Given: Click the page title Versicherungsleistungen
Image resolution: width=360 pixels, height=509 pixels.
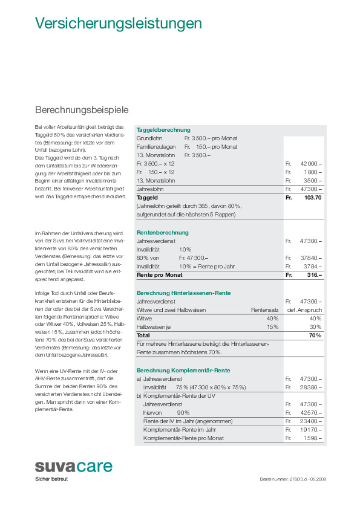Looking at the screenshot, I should click(118, 24).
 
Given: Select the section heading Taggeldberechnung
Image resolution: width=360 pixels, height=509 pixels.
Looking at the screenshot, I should click(163, 130).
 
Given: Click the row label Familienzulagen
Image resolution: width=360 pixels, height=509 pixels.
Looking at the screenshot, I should click(156, 147).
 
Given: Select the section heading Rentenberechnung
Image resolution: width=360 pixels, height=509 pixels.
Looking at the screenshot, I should click(163, 232).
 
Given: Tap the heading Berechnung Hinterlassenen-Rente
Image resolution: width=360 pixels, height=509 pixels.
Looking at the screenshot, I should click(183, 293).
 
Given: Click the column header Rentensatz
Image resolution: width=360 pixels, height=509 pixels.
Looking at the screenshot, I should click(264, 310).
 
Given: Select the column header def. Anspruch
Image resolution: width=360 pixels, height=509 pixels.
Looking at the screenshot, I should click(304, 310).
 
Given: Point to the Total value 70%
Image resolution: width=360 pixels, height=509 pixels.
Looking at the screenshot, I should click(315, 335).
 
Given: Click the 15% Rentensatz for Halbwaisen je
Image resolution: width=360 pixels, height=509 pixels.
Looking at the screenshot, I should click(272, 326).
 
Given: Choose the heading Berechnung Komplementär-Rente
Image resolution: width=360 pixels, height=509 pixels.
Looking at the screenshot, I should click(183, 370).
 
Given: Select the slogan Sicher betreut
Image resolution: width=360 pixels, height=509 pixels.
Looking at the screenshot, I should click(51, 479).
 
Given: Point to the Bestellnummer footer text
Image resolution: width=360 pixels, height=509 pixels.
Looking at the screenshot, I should click(293, 479).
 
